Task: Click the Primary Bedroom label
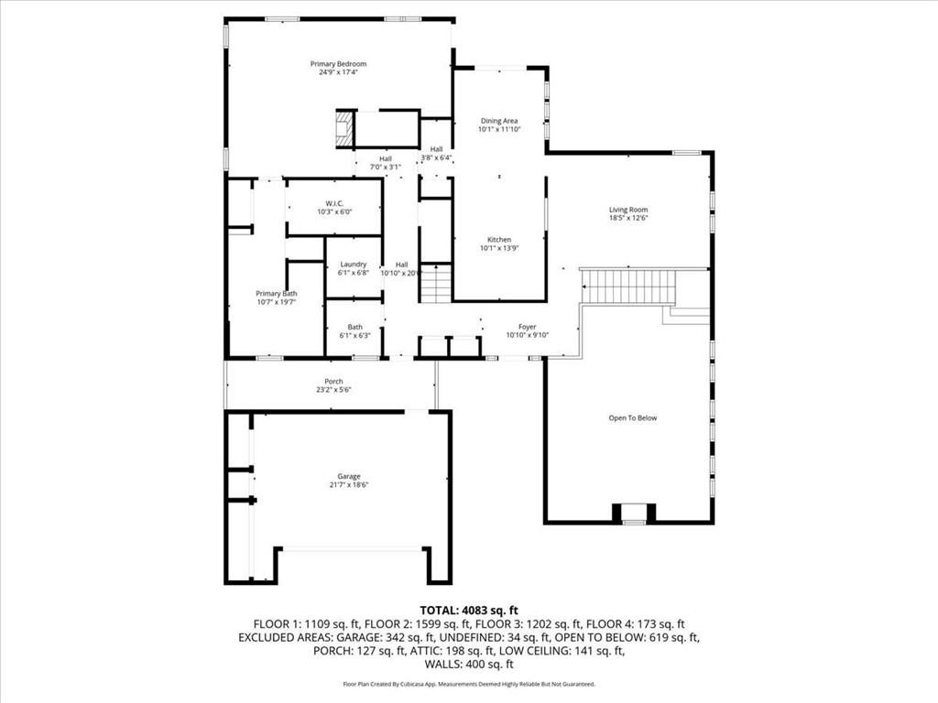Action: tap(338, 64)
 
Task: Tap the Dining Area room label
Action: tap(499, 121)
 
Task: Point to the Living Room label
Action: tap(628, 210)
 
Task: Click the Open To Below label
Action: tap(633, 418)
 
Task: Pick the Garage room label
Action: tap(348, 476)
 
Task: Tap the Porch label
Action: tap(333, 382)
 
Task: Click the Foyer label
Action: tap(527, 327)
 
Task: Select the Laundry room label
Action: tap(354, 265)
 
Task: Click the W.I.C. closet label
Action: tap(333, 203)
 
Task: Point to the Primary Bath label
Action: tap(276, 294)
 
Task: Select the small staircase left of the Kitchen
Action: tap(435, 284)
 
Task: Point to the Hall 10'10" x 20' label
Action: tap(401, 268)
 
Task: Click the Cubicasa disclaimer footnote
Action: tap(469, 684)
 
